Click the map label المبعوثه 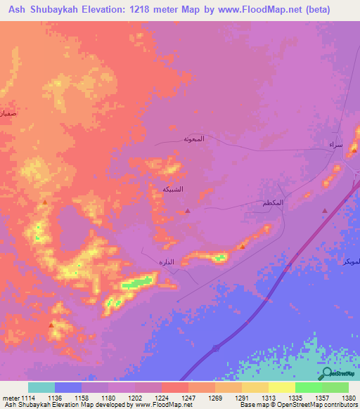click(194, 138)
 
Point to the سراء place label click(336, 145)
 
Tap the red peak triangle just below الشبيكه click(187, 210)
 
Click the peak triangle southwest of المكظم click(242, 246)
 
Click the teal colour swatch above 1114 click(41, 387)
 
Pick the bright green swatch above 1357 click(308, 387)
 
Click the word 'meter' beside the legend click(9, 398)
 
